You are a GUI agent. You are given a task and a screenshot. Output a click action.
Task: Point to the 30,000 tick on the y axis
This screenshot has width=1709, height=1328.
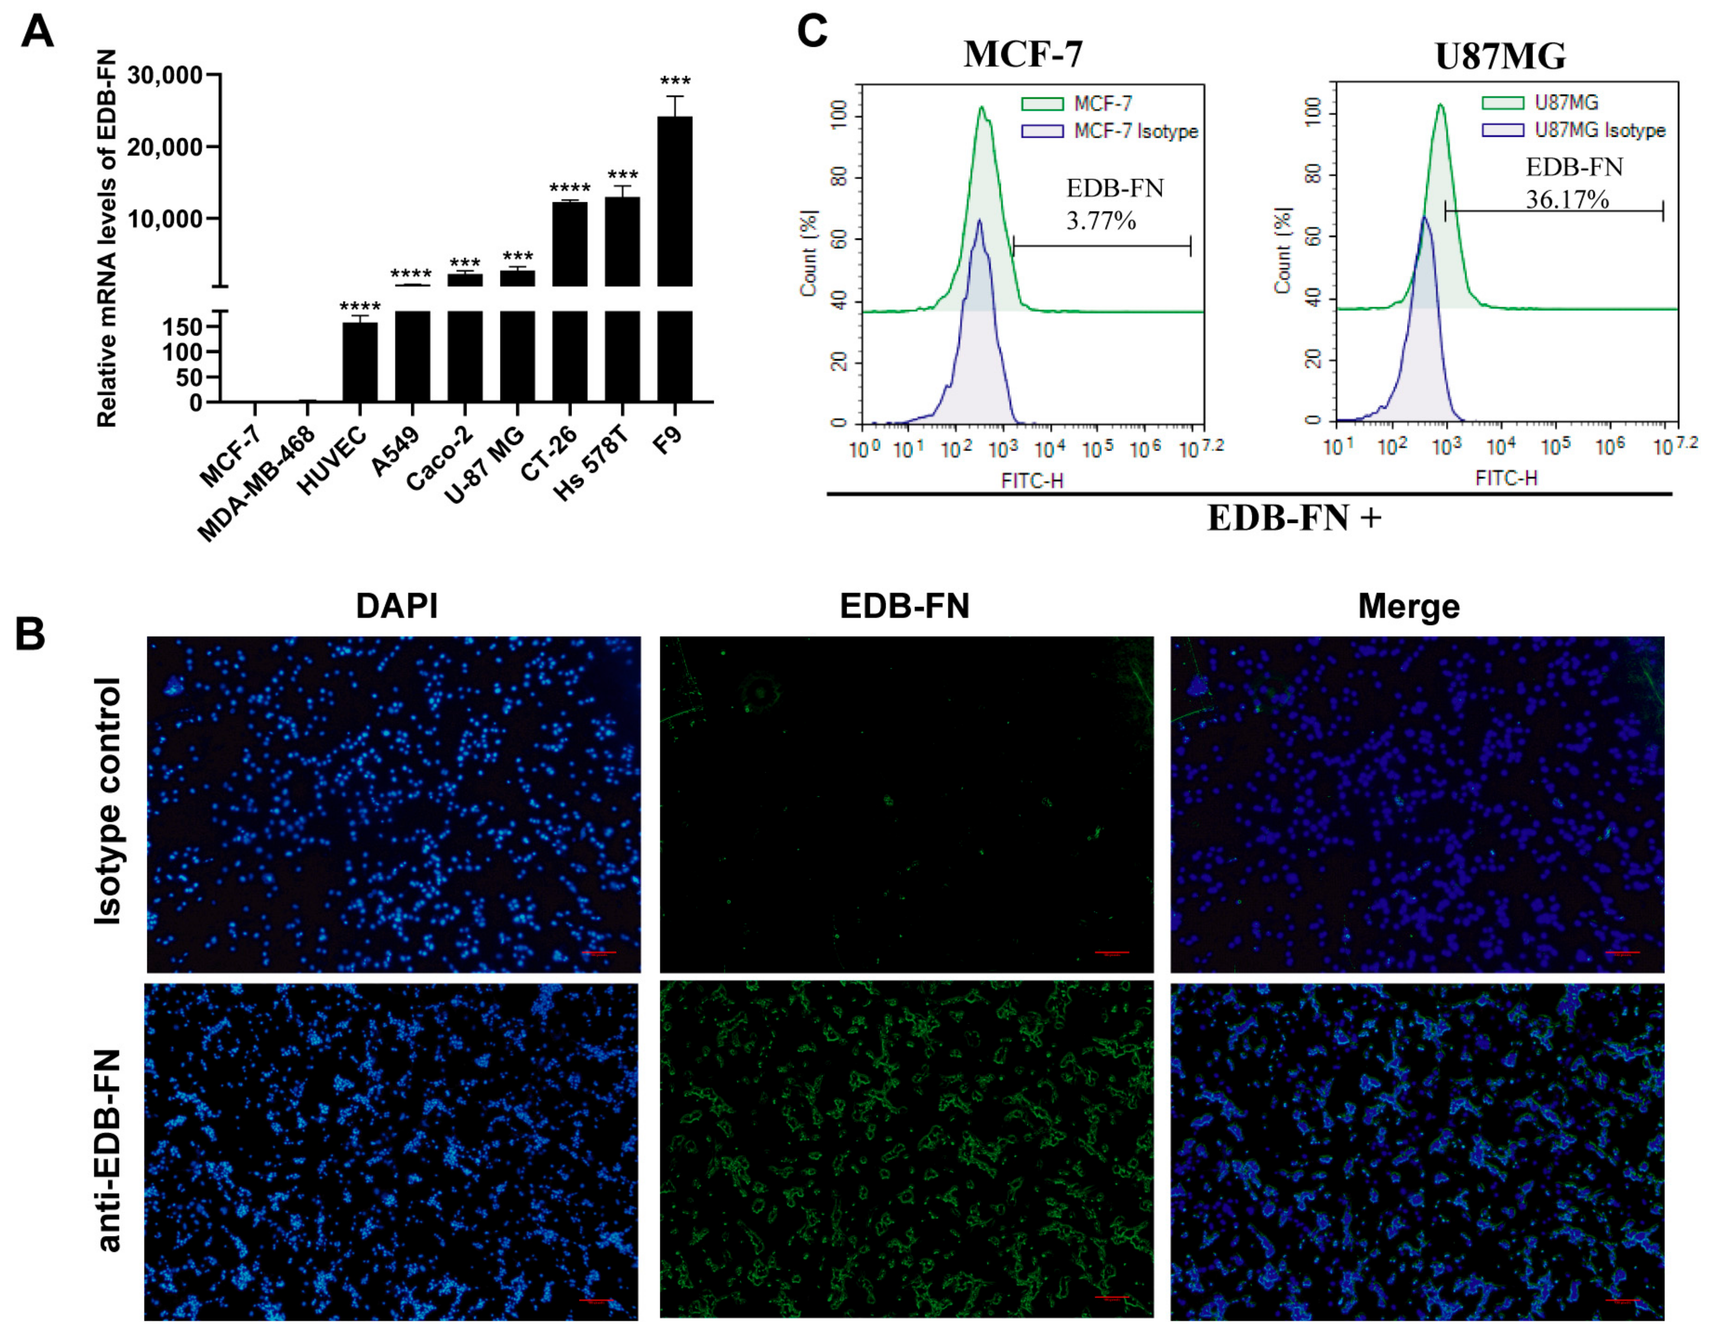tap(164, 75)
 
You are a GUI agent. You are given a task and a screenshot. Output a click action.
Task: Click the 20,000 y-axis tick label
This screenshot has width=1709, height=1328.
tap(164, 147)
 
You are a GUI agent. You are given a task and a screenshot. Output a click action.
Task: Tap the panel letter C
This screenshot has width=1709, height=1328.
tap(812, 31)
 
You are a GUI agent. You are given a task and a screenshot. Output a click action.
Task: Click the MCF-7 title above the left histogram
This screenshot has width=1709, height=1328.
tap(1023, 55)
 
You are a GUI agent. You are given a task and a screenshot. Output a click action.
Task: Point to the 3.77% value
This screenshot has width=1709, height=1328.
tap(1101, 221)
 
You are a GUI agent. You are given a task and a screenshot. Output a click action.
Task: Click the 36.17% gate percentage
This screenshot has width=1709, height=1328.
tap(1567, 200)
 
